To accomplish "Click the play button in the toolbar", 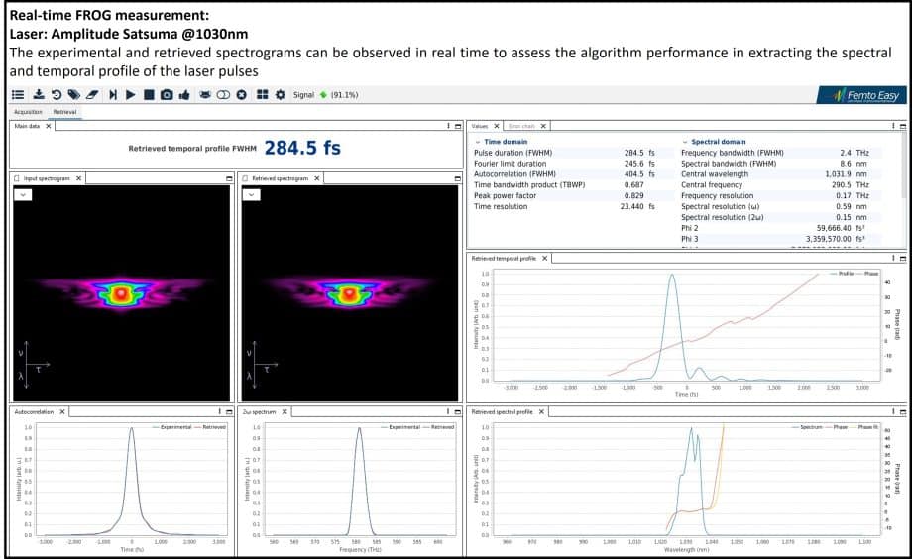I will (x=130, y=95).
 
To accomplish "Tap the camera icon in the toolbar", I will (x=167, y=95).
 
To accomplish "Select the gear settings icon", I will (x=280, y=95).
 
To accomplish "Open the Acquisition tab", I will (x=28, y=113).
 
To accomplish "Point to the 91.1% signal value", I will (x=344, y=95).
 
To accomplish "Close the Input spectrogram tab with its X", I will (x=79, y=178).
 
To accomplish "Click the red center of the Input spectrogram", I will (x=121, y=294).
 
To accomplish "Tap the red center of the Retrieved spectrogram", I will (x=349, y=294).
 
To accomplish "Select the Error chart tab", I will (x=521, y=126).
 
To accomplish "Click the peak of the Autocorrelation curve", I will (x=131, y=428).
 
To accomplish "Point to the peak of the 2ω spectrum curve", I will (x=359, y=428).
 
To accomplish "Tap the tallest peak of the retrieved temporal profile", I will (x=672, y=276).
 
